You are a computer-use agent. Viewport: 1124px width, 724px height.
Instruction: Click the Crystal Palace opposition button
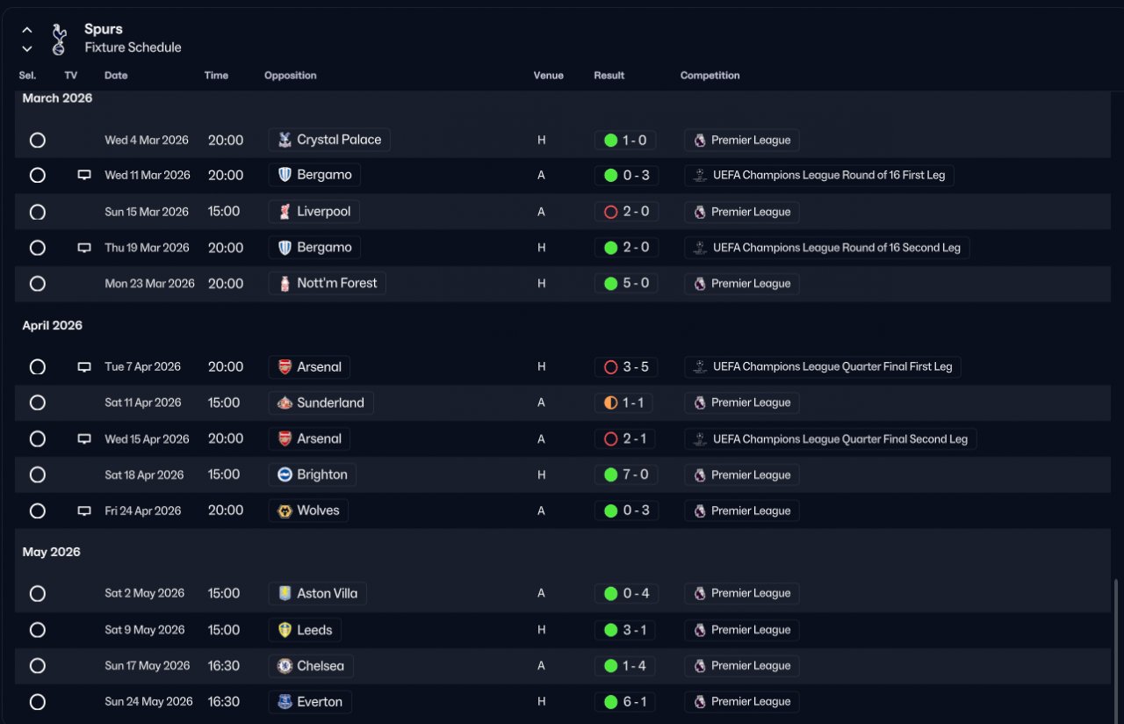(x=329, y=140)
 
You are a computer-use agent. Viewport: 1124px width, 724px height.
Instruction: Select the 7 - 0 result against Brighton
(x=626, y=474)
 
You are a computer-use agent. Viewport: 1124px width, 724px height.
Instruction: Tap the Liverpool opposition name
(x=323, y=212)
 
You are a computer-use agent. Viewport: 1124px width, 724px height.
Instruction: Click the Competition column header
(x=710, y=76)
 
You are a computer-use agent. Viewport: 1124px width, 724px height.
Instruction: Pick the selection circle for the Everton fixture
(x=38, y=702)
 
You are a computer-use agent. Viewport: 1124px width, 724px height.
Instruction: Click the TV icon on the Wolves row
(x=84, y=510)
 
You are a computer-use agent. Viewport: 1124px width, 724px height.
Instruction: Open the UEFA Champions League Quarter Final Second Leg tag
(x=830, y=438)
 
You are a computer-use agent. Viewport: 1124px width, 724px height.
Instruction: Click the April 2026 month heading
(x=53, y=325)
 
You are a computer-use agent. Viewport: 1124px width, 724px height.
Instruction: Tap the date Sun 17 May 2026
(x=148, y=666)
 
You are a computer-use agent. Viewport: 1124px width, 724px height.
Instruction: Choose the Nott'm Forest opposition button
(x=327, y=283)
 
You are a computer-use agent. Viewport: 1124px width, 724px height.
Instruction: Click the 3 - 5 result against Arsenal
(x=626, y=366)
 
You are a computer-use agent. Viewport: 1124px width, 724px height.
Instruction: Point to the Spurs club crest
(x=59, y=40)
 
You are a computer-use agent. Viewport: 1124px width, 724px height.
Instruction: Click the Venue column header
(x=548, y=76)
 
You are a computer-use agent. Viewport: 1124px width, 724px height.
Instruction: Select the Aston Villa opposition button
(x=317, y=593)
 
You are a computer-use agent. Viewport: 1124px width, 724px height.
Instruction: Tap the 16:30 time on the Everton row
(x=224, y=702)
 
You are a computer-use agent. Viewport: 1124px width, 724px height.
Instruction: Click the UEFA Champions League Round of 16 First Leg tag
(x=819, y=175)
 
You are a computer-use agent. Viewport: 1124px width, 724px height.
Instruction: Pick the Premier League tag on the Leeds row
(x=742, y=630)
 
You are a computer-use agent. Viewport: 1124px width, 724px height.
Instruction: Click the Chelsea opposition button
(x=311, y=666)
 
